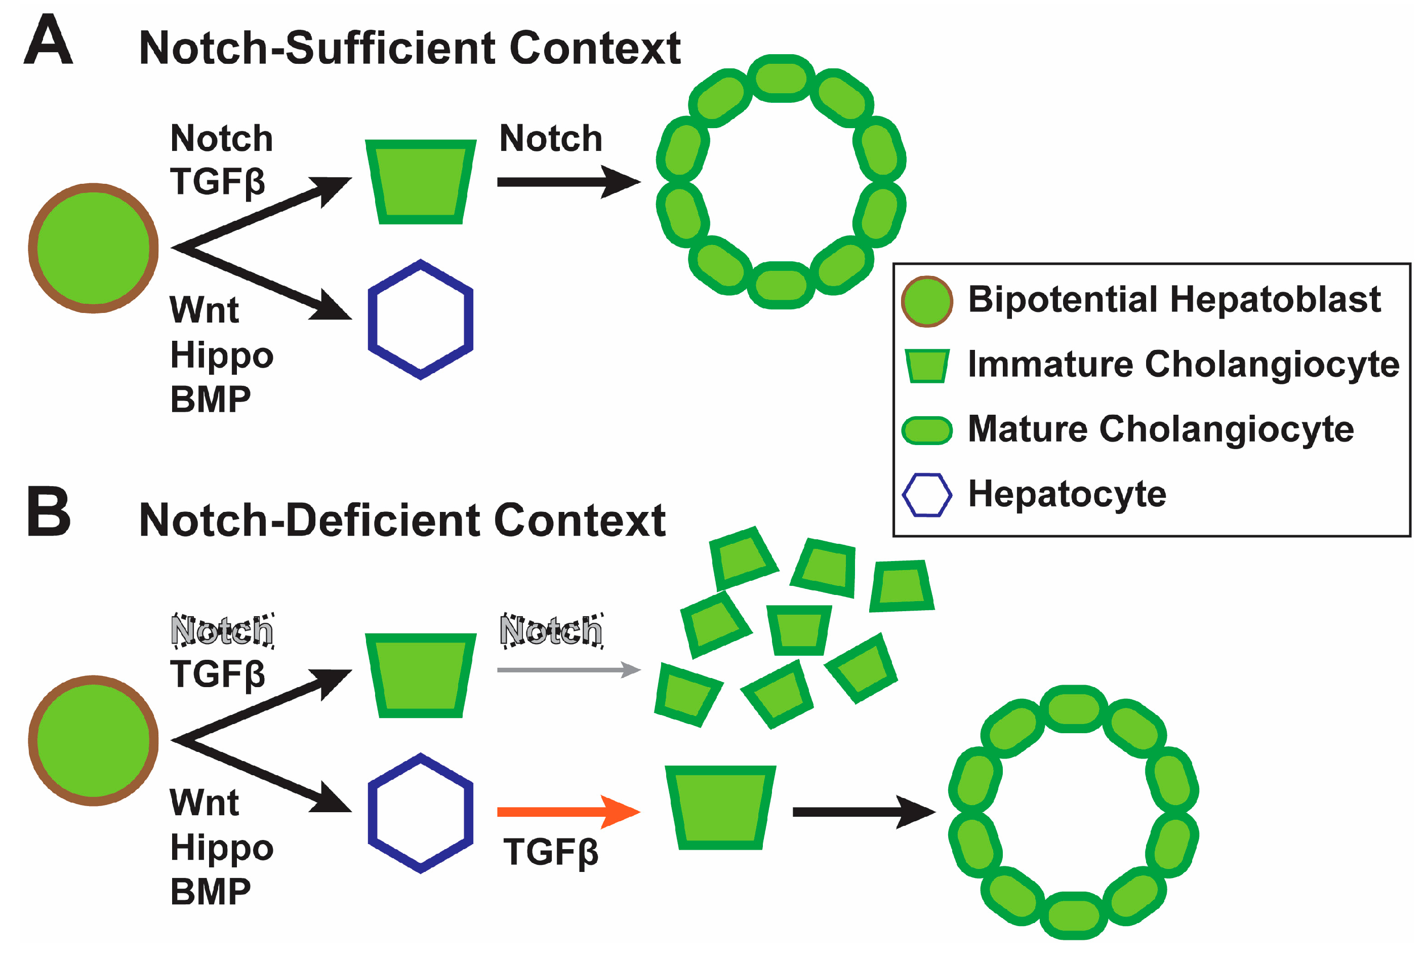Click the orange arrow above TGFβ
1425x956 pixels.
pyautogui.click(x=567, y=812)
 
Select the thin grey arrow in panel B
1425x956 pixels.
pyautogui.click(x=567, y=670)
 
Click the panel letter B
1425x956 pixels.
pyautogui.click(x=49, y=512)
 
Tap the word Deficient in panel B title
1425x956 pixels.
pyautogui.click(x=384, y=521)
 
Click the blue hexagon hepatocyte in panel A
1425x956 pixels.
pyautogui.click(x=421, y=320)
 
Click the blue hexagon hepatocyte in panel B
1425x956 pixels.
pyautogui.click(x=421, y=813)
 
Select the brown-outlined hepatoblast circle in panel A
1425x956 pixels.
pyautogui.click(x=93, y=248)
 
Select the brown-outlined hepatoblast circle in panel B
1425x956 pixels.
pyautogui.click(x=93, y=741)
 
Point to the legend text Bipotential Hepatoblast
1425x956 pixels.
pyautogui.click(x=1173, y=300)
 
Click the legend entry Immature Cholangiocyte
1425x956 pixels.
pyautogui.click(x=1183, y=365)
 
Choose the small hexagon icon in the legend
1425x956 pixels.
pyautogui.click(x=926, y=495)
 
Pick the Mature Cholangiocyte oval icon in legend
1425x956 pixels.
pyautogui.click(x=926, y=430)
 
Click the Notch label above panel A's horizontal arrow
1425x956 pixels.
pyautogui.click(x=550, y=139)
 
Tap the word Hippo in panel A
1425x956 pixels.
pyautogui.click(x=221, y=355)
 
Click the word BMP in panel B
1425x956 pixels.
pyautogui.click(x=210, y=892)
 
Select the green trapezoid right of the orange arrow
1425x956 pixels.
pyautogui.click(x=720, y=807)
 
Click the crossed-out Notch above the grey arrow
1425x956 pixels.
pyautogui.click(x=550, y=630)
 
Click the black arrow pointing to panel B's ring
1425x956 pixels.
pyautogui.click(x=863, y=812)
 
